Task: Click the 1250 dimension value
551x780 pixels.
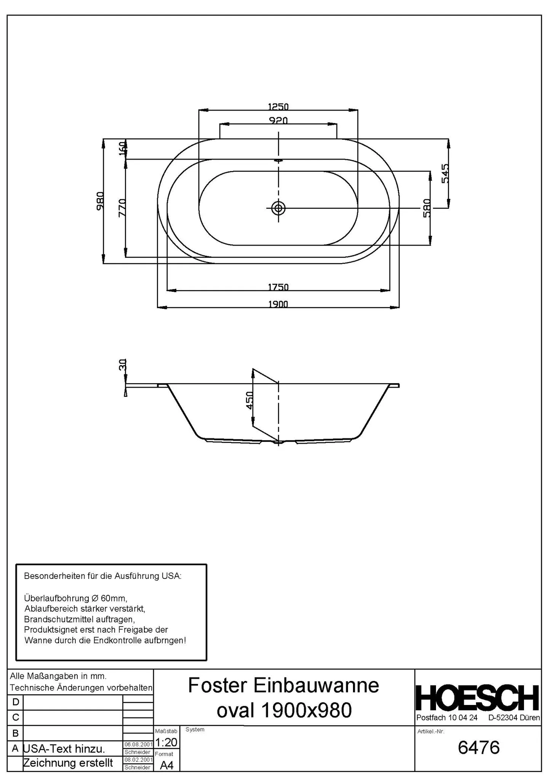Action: (278, 106)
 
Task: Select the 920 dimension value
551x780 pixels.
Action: (278, 120)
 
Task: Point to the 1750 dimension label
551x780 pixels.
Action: (278, 287)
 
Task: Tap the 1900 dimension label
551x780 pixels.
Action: (278, 304)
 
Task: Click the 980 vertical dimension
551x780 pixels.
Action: (100, 201)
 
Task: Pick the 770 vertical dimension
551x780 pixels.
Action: (122, 208)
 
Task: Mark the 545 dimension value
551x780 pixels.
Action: (445, 173)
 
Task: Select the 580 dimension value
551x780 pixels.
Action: (426, 208)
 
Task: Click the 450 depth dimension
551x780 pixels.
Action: (249, 400)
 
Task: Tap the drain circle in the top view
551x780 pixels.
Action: (278, 208)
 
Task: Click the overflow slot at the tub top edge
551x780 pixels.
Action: (278, 160)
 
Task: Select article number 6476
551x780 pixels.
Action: (479, 747)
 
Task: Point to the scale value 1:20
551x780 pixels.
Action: (166, 742)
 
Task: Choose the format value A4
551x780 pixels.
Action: (166, 765)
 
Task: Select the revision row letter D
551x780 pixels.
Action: (15, 702)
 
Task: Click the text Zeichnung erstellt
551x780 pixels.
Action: (68, 762)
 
